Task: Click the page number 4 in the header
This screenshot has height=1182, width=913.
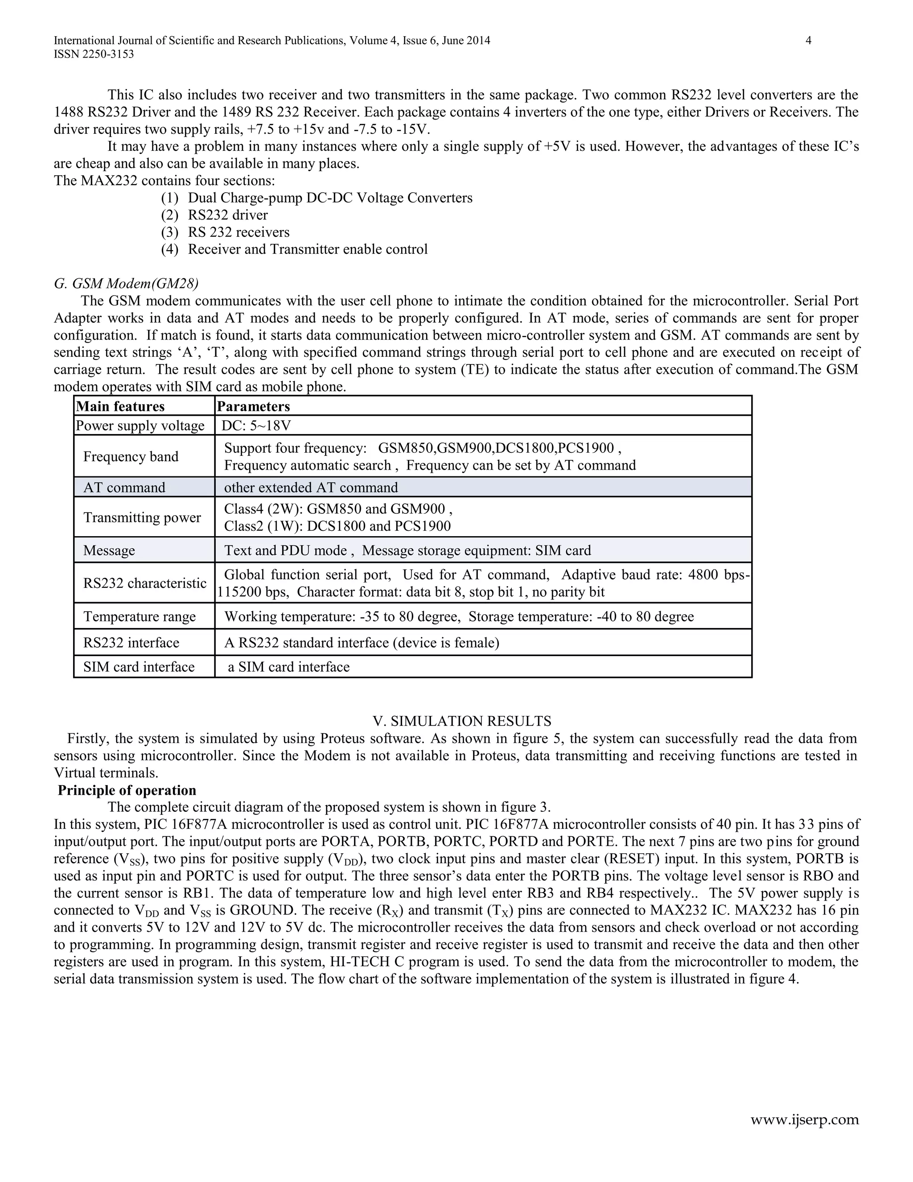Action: coord(808,41)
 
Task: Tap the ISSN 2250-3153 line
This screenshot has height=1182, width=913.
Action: coord(94,54)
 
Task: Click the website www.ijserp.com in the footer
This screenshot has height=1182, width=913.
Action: coord(804,1119)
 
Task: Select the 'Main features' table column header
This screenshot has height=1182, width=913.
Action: coord(120,406)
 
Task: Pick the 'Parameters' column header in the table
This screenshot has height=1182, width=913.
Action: coord(253,406)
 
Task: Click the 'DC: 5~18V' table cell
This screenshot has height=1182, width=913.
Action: coord(256,426)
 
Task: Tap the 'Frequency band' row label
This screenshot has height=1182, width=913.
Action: coord(130,456)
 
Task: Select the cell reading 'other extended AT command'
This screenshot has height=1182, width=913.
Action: coord(311,487)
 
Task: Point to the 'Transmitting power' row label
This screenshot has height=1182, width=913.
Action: coord(142,517)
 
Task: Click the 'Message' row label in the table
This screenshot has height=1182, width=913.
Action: coord(109,550)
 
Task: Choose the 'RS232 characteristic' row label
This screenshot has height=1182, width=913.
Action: coord(144,583)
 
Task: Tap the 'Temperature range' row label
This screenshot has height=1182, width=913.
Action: coord(139,616)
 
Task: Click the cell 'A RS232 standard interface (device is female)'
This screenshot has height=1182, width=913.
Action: coord(361,642)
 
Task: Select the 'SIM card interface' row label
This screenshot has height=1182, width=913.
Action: coord(139,667)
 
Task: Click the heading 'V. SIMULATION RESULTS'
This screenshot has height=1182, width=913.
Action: coord(461,721)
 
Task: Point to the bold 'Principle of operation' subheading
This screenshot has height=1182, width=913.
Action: coord(127,790)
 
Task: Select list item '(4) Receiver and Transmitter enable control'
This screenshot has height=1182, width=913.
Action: coord(294,249)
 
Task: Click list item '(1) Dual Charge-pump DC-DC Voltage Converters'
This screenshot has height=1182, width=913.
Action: coord(317,198)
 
